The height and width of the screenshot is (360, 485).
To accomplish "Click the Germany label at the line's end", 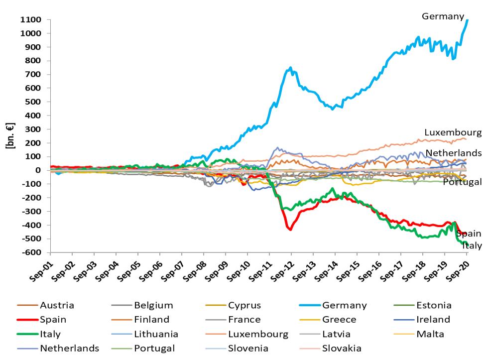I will coord(443,16).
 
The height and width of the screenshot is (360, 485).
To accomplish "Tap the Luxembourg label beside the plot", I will coord(453,132).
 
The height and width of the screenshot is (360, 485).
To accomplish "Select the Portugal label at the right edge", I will coord(463,182).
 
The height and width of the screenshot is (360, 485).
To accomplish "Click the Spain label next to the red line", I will coord(469,234).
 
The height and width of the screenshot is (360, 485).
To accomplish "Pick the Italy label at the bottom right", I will coord(472,245).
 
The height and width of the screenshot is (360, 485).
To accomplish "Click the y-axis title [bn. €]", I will coord(9,135).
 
